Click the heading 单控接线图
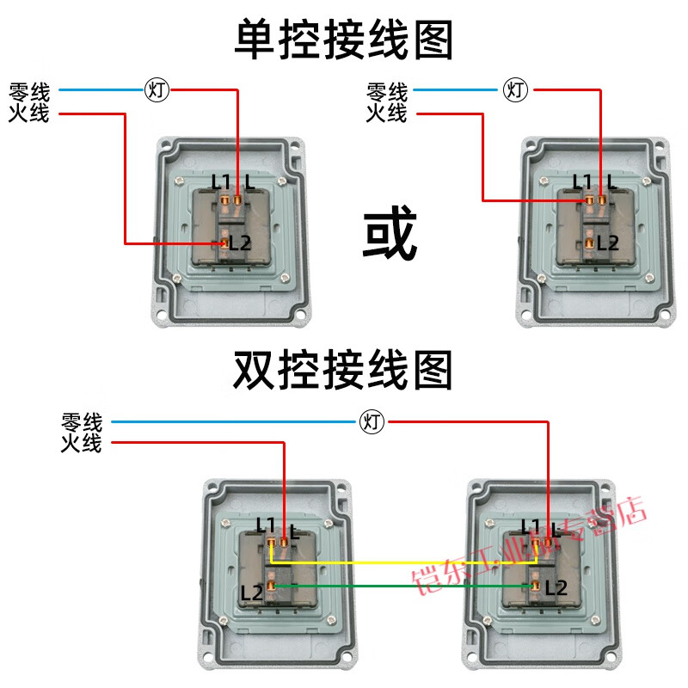(344, 40)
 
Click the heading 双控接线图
(344, 372)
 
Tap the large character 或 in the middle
(390, 234)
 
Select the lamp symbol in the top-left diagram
(156, 89)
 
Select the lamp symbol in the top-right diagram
(515, 89)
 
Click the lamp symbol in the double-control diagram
(372, 421)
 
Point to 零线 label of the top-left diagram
(29, 91)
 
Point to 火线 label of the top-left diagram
(29, 113)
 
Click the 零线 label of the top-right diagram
(387, 91)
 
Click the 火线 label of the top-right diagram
(387, 113)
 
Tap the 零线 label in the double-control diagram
(82, 422)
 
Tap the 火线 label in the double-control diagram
(82, 444)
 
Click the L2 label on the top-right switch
(607, 243)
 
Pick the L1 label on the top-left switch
(221, 182)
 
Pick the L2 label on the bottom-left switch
(252, 593)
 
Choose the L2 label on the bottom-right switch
(556, 588)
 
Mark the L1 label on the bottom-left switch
(266, 524)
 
